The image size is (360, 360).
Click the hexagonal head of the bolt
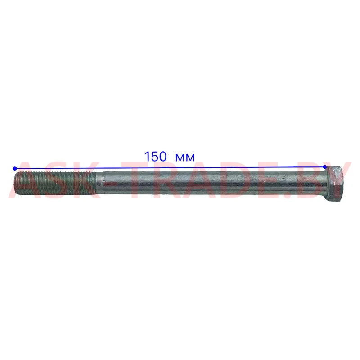(x=337, y=184)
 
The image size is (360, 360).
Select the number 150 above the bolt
(x=156, y=157)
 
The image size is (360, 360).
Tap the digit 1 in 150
(x=147, y=157)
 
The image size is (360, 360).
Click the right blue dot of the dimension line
(x=325, y=166)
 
